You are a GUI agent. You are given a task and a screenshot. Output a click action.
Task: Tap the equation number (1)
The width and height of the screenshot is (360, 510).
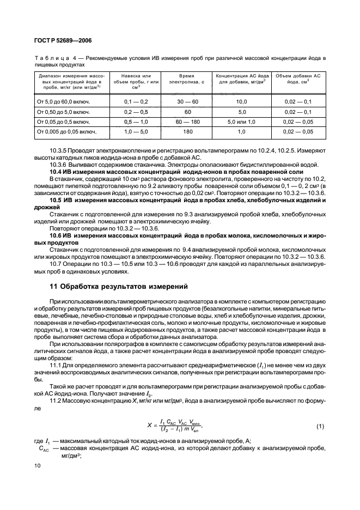pyautogui.click(x=320, y=425)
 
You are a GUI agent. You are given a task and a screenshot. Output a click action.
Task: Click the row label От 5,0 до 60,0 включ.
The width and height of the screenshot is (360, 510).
pyautogui.click(x=62, y=101)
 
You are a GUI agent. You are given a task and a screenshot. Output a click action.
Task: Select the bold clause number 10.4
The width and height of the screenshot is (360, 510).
pyautogui.click(x=58, y=172)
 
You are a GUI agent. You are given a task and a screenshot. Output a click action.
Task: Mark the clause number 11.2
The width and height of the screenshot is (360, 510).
pyautogui.click(x=56, y=401)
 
